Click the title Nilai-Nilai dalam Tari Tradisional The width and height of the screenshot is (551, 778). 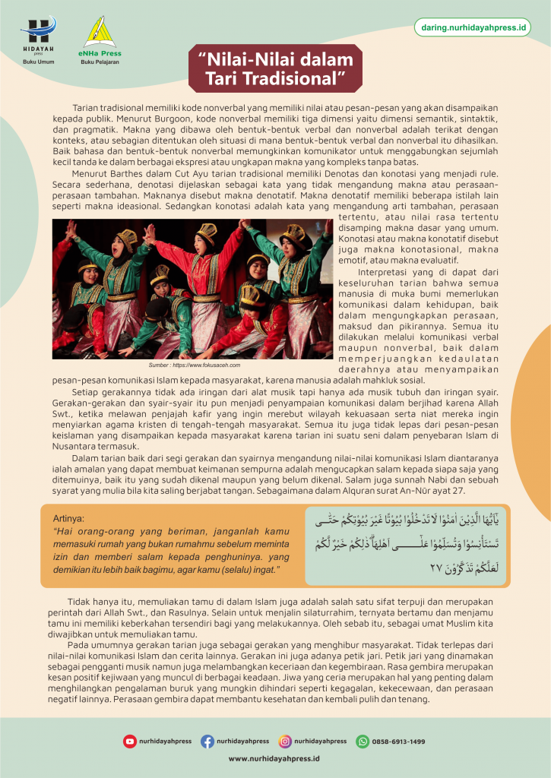click(x=275, y=68)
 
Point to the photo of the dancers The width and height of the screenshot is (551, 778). click(x=192, y=289)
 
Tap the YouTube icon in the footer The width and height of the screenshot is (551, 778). click(x=130, y=741)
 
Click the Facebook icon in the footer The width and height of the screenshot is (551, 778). click(x=207, y=741)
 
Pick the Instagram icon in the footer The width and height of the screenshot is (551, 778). click(x=285, y=741)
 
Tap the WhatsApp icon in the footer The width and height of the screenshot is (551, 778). click(x=363, y=741)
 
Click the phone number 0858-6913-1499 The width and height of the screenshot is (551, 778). click(x=398, y=742)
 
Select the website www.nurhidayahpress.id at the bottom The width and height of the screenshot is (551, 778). click(x=274, y=758)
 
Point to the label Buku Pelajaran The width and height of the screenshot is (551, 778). click(x=100, y=63)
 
